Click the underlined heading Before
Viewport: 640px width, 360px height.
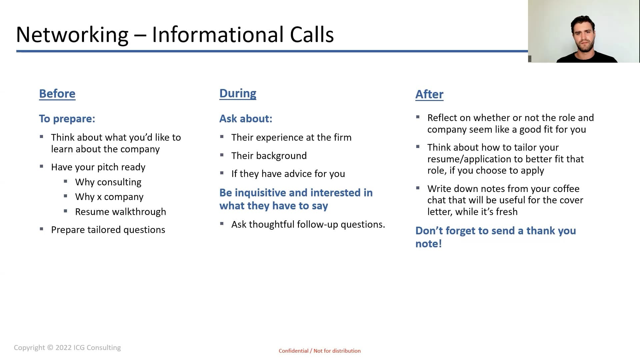(x=57, y=94)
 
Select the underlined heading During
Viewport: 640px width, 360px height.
(x=238, y=93)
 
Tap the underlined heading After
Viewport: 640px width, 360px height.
(x=429, y=94)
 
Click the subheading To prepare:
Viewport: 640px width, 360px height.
(x=67, y=119)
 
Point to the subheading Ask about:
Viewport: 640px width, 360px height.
(x=246, y=119)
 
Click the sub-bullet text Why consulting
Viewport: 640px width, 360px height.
(x=108, y=182)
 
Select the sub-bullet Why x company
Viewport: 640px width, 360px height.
(x=109, y=197)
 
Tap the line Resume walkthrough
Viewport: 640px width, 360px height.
(x=120, y=212)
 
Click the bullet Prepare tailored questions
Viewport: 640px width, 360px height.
(x=108, y=230)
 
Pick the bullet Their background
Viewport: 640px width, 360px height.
(x=269, y=156)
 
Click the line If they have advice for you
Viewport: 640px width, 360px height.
(x=288, y=174)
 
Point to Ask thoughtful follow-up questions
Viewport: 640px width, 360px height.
(x=308, y=224)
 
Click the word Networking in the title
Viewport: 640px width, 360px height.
(x=72, y=35)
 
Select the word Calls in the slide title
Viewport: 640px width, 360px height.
(x=312, y=34)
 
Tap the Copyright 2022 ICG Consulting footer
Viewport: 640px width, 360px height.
(x=67, y=348)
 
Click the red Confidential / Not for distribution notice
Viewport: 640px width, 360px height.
(x=320, y=351)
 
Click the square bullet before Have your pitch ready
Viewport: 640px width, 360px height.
(x=41, y=166)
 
